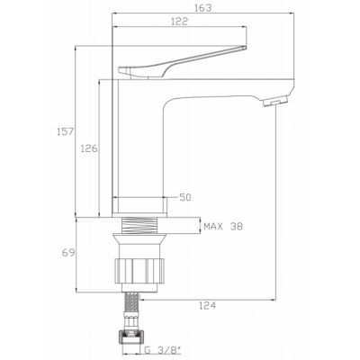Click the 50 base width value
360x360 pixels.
coord(186,196)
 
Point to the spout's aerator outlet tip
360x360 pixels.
coord(270,104)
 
